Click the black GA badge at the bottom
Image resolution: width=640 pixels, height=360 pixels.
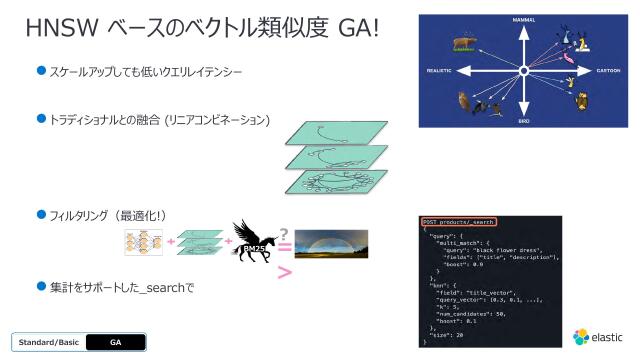(115, 341)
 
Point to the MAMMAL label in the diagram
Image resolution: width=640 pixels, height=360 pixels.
(523, 20)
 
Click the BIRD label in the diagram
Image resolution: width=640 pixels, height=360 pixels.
(523, 122)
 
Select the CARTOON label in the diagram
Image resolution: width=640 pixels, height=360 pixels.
(606, 71)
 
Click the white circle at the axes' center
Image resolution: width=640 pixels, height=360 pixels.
(523, 71)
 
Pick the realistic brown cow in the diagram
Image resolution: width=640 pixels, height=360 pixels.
(463, 44)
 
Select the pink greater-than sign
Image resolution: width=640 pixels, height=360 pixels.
(284, 272)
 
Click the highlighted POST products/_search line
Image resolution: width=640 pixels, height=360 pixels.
(458, 221)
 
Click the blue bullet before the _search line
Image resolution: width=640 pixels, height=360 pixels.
(42, 286)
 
